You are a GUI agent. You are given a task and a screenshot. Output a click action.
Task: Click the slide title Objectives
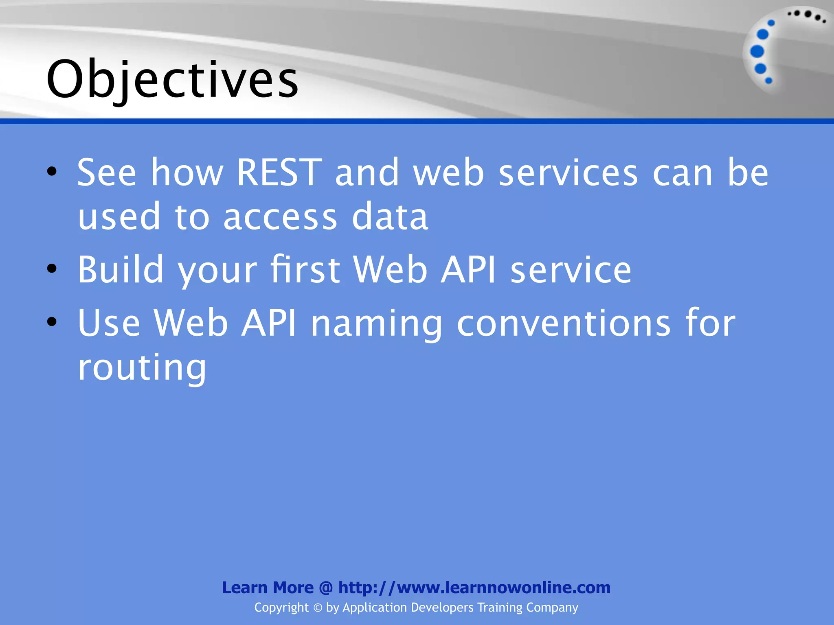[173, 79]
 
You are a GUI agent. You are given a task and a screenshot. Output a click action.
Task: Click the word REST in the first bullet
[279, 173]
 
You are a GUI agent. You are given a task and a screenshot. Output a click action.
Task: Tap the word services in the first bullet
[568, 173]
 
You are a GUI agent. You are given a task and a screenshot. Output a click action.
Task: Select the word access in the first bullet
[280, 217]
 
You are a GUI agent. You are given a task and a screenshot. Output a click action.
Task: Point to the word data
[390, 217]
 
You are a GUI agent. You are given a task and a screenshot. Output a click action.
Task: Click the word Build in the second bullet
[121, 269]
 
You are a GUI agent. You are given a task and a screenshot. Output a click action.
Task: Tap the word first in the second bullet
[305, 269]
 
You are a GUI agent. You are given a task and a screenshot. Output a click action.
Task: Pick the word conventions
[564, 323]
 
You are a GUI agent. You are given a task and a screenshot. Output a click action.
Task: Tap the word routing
[142, 367]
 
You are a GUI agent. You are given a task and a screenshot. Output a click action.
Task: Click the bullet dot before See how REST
[52, 172]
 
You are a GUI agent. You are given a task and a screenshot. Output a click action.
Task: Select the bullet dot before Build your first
[52, 269]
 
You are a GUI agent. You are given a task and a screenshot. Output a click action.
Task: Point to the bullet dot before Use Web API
[52, 322]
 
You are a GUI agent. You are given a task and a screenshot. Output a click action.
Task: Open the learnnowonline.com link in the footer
[474, 588]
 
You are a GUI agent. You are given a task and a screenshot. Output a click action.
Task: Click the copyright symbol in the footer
[318, 608]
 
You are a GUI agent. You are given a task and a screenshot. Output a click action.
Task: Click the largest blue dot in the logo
[757, 52]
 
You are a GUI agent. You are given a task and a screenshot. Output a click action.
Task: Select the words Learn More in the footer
[268, 588]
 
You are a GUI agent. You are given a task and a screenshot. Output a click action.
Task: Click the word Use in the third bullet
[109, 323]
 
